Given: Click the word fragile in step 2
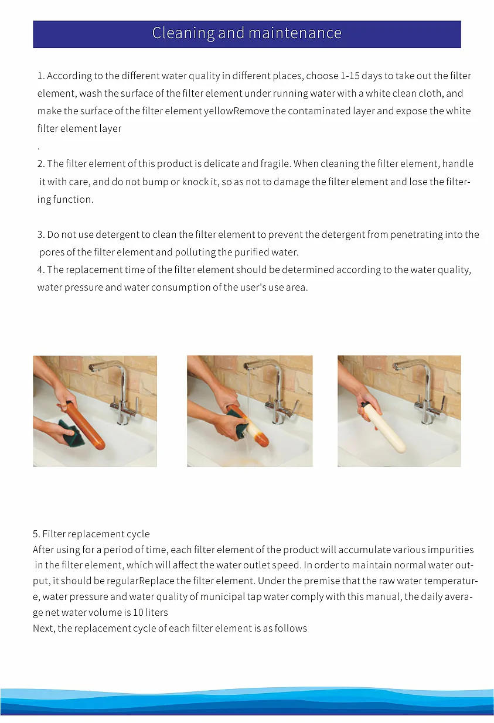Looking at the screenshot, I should coord(277,164).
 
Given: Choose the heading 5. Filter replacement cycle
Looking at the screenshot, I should coord(91,534).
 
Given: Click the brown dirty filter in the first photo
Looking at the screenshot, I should coord(85,423).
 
